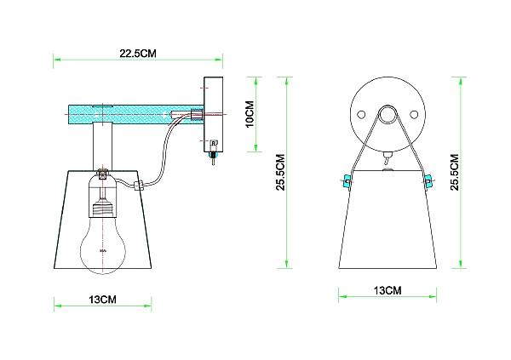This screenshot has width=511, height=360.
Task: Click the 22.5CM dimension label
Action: (138, 53)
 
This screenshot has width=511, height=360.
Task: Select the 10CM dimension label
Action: (250, 114)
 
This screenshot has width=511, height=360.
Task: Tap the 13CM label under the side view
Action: (103, 299)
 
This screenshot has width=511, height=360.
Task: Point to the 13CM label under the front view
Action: (388, 290)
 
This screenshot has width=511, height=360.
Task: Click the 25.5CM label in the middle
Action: (280, 173)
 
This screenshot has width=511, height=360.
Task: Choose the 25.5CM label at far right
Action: (455, 173)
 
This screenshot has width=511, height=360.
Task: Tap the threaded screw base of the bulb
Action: (103, 209)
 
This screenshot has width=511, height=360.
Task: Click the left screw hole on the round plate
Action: (361, 115)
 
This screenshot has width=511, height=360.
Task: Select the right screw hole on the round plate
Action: (414, 115)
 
